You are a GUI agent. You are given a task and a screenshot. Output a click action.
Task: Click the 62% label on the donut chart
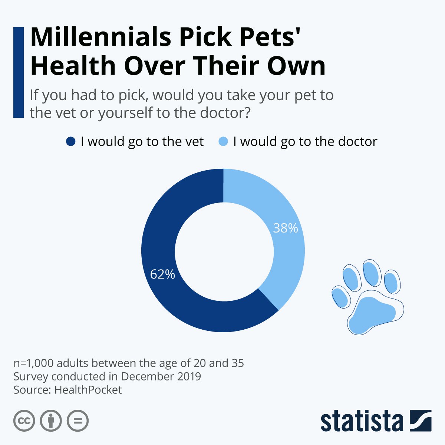tap(162, 274)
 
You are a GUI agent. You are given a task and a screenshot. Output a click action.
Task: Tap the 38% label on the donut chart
tap(285, 228)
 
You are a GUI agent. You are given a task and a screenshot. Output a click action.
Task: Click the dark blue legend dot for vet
tap(70, 142)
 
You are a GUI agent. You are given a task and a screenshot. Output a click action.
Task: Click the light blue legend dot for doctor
tap(223, 142)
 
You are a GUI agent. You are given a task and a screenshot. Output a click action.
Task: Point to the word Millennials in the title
tap(100, 37)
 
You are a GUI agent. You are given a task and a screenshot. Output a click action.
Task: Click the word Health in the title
tap(73, 66)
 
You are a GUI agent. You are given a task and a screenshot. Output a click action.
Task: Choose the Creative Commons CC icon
tap(24, 421)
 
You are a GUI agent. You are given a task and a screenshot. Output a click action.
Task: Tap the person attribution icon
tap(51, 421)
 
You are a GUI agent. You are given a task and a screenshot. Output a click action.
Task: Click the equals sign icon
tap(78, 421)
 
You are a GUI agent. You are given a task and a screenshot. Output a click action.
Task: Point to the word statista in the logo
tap(362, 421)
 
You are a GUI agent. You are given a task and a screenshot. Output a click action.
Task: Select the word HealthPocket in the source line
tap(88, 390)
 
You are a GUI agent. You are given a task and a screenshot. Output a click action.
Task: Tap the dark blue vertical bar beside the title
tap(18, 72)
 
